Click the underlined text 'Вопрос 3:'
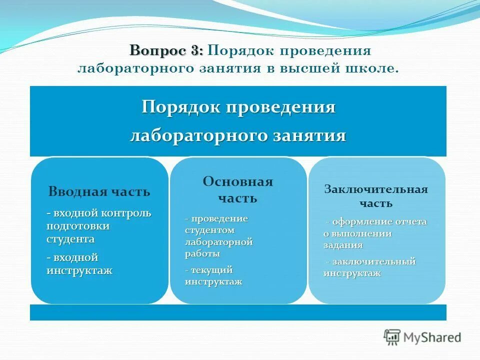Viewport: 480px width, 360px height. (166, 51)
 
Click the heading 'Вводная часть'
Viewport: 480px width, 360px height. (99, 192)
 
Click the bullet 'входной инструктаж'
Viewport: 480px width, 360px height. (79, 264)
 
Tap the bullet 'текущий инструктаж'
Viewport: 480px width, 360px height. (213, 275)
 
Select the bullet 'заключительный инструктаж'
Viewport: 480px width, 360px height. (370, 267)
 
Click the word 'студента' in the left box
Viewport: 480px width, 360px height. (70, 238)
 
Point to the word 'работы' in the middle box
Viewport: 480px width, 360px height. (202, 253)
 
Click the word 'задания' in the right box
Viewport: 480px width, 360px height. (343, 245)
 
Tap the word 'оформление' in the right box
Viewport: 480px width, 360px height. (361, 221)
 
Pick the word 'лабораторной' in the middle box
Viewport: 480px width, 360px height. (219, 242)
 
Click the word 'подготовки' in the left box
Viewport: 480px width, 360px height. (78, 226)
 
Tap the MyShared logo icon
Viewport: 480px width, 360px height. (392, 337)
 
